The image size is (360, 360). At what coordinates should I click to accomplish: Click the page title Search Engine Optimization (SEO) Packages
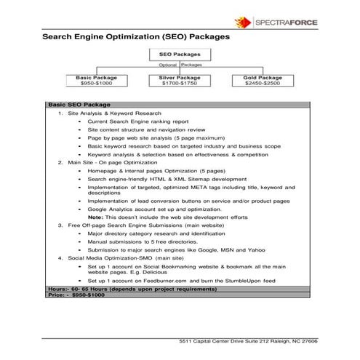tap(136, 35)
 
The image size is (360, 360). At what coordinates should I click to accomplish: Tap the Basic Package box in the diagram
tap(96, 80)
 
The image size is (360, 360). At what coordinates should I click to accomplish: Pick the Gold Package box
tap(263, 80)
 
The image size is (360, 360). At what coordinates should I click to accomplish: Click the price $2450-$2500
tap(263, 84)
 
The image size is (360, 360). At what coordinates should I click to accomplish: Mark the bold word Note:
tap(95, 217)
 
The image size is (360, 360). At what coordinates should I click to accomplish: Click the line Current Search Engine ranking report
tap(138, 122)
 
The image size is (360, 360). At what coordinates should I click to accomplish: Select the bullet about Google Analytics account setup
tap(149, 209)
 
